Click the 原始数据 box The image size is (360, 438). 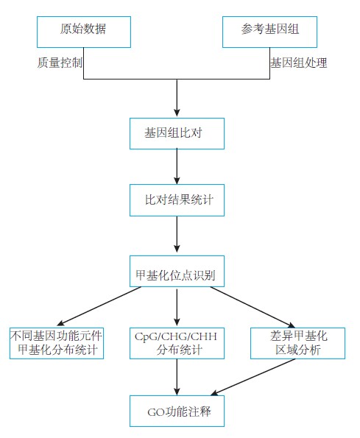[x=84, y=32]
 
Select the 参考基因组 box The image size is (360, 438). [x=269, y=32]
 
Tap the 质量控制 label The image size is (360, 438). [x=60, y=63]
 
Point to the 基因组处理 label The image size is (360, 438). [x=299, y=63]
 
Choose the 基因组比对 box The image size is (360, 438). [x=177, y=133]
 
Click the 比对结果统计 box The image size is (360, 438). [x=177, y=200]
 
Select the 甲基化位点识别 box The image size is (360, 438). [x=177, y=271]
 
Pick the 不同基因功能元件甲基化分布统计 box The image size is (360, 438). [x=57, y=343]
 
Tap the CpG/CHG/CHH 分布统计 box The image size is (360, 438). [x=177, y=343]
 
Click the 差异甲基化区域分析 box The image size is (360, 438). [x=297, y=343]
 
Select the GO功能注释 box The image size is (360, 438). [x=177, y=411]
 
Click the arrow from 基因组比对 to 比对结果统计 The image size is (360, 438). [x=177, y=167]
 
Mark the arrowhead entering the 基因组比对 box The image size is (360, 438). [x=177, y=113]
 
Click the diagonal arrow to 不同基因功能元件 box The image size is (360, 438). [x=99, y=306]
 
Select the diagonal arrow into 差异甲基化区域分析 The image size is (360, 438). [x=253, y=307]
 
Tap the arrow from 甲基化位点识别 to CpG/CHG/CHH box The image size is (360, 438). [x=177, y=307]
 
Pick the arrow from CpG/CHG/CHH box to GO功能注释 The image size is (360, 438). [x=177, y=377]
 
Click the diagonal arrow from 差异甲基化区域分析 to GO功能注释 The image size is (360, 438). [x=253, y=377]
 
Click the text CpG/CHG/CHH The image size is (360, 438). [x=176, y=336]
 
